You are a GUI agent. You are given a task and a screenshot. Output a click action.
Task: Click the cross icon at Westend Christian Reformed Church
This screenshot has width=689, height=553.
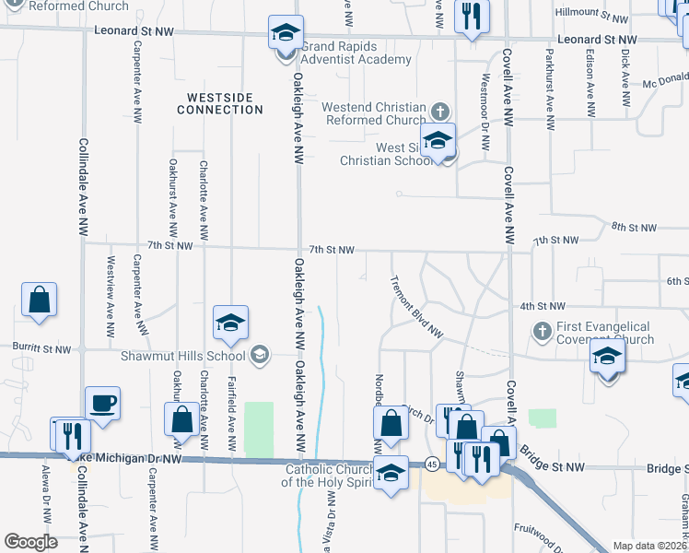coord(440,112)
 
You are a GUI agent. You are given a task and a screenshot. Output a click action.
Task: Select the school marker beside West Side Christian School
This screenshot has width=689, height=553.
coord(438,140)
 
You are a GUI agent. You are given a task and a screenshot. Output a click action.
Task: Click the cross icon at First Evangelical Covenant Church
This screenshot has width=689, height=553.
coord(543,330)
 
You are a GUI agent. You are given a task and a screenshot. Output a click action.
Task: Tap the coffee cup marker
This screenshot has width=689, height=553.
coord(102,403)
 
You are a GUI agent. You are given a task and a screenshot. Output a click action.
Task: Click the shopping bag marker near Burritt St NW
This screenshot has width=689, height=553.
coord(40,300)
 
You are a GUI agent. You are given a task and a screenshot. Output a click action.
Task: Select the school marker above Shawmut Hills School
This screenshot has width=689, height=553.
coord(231,323)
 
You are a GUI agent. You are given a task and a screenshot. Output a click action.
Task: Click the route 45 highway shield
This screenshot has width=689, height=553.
coord(431,464)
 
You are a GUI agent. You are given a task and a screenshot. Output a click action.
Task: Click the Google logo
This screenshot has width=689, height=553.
coord(30,542)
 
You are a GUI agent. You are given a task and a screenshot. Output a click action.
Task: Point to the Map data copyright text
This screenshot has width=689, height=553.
coord(649,546)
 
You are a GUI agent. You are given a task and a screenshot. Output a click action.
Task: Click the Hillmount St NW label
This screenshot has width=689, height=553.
coord(591,13)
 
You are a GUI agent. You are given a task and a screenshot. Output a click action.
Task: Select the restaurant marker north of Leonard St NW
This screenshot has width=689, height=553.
coord(472,16)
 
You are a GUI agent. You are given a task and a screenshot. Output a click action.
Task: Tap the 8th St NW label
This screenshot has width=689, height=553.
coord(634,228)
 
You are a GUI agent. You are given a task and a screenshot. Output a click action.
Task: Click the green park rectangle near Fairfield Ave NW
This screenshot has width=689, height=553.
coord(259,429)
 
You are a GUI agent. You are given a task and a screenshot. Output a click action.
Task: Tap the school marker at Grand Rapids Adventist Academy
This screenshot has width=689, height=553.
coord(286,34)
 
